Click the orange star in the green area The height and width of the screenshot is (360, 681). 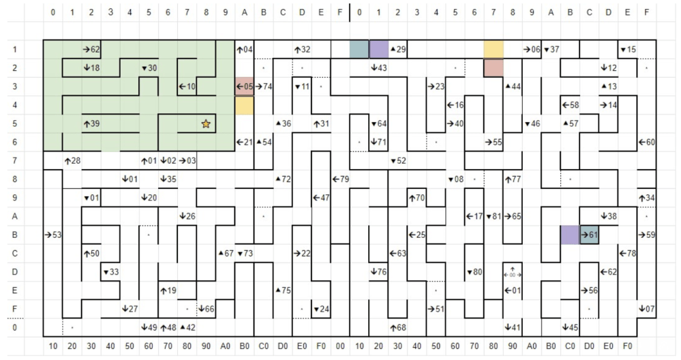(x=206, y=123)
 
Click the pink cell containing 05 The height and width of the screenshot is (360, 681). (x=244, y=87)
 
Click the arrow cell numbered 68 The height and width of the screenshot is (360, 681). (x=398, y=327)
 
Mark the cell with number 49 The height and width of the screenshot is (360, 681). (x=149, y=327)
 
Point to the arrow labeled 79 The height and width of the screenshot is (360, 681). (x=340, y=179)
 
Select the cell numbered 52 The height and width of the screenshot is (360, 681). (x=398, y=161)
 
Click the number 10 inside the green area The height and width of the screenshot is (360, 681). (x=187, y=87)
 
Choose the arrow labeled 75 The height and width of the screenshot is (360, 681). (x=283, y=290)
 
